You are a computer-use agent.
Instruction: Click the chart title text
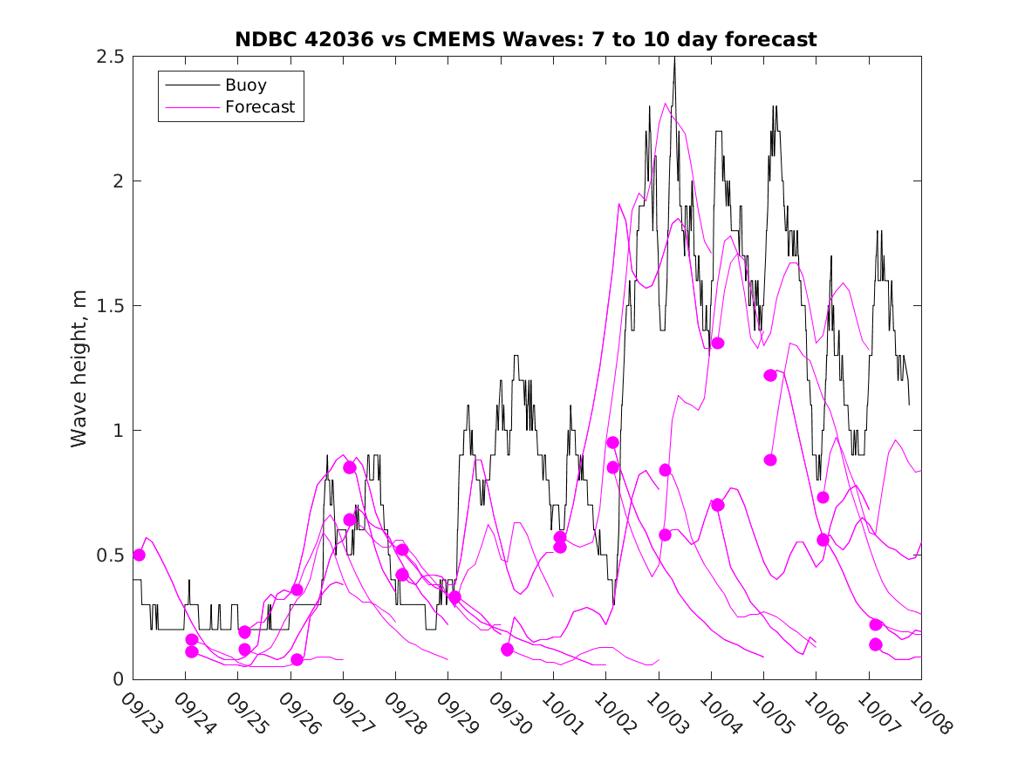526,39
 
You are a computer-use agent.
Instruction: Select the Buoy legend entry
245,85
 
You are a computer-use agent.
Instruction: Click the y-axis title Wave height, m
79,368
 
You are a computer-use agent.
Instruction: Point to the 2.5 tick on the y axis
112,57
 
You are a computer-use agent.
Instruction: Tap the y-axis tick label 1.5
112,306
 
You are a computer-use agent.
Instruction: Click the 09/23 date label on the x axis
140,712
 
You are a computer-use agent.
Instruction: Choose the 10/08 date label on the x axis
928,712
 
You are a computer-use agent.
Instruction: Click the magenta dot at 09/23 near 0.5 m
139,555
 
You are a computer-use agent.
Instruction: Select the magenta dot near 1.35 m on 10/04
718,343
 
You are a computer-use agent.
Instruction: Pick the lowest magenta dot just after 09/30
508,650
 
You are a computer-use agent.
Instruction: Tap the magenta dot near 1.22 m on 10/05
770,375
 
